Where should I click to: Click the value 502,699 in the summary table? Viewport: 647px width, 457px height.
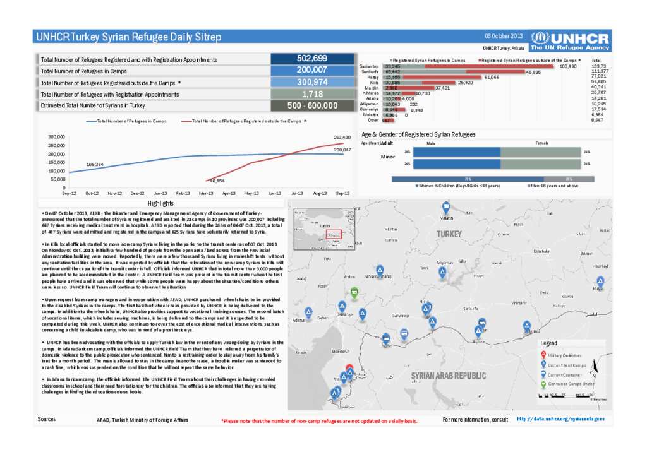(x=311, y=59)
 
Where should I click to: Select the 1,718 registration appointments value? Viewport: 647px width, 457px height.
(x=311, y=94)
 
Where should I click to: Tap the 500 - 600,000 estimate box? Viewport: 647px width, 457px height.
(x=311, y=106)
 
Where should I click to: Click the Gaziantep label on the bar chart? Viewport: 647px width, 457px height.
(x=370, y=66)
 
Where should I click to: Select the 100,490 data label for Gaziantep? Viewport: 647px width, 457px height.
(x=569, y=66)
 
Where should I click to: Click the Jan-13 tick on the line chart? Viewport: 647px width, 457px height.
(x=160, y=193)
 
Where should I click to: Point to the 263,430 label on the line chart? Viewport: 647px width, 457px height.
(x=342, y=137)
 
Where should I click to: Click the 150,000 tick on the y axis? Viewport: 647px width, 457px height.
(x=57, y=162)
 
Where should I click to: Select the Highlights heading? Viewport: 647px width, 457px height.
(x=160, y=204)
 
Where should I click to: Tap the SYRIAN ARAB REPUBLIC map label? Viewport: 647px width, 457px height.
(x=449, y=376)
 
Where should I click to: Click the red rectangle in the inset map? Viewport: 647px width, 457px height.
(x=334, y=234)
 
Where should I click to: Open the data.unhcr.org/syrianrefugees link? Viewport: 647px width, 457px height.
(x=560, y=419)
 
